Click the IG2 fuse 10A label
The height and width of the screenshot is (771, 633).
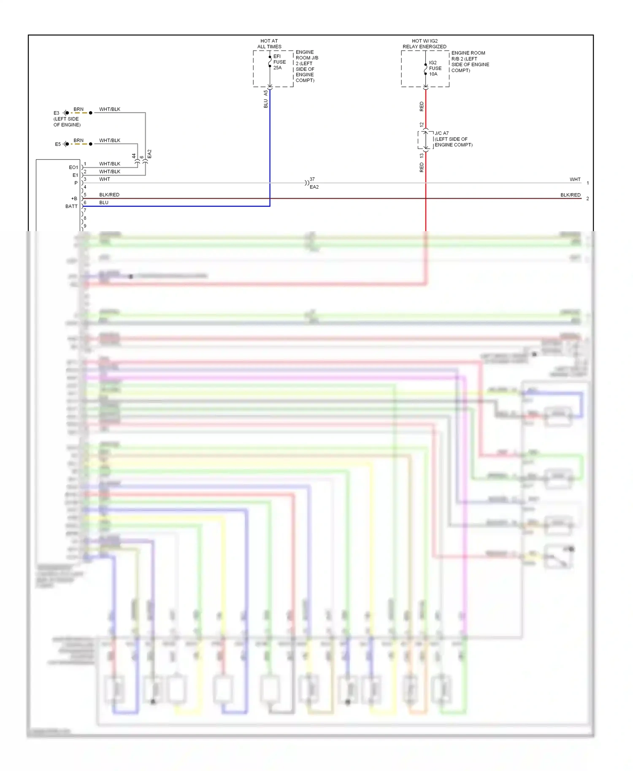435,68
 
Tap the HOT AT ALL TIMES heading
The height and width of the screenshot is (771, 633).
269,44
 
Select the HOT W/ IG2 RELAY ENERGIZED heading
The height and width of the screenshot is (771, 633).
425,44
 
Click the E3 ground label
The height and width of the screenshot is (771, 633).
56,113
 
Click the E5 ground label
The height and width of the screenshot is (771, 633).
58,144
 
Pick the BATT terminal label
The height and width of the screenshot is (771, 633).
71,206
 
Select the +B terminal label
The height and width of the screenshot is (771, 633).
74,199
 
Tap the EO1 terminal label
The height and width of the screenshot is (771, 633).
73,167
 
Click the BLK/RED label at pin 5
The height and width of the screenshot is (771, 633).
109,195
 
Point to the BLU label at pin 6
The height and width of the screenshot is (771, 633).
104,202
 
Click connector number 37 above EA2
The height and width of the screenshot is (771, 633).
312,179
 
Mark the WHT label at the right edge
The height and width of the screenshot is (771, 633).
575,180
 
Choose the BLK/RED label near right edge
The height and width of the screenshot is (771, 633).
570,195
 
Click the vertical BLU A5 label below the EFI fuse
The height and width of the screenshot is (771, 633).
266,100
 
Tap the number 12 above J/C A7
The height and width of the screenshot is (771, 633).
422,125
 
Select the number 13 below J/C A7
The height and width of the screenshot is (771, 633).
422,156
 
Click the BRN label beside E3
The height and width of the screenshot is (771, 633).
78,109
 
